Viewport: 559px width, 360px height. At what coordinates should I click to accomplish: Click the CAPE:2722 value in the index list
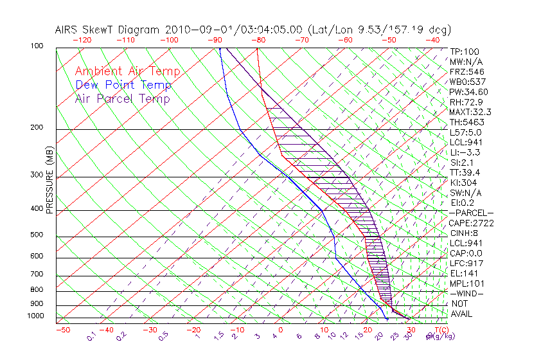click(x=472, y=223)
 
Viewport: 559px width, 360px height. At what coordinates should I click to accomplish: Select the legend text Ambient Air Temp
click(x=128, y=71)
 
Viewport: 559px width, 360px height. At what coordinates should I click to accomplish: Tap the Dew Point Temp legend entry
click(x=123, y=85)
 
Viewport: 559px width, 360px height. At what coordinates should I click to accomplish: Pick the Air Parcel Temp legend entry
click(x=123, y=98)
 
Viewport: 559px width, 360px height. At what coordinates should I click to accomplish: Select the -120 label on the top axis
click(x=82, y=40)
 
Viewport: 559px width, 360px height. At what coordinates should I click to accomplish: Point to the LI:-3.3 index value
click(x=465, y=152)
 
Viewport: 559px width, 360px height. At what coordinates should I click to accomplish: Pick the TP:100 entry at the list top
click(x=465, y=51)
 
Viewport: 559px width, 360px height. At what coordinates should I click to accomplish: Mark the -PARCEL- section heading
click(x=471, y=213)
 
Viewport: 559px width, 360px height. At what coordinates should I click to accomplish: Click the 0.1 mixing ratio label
click(x=91, y=336)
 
